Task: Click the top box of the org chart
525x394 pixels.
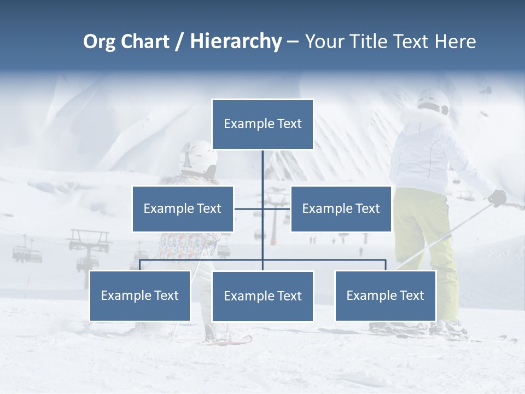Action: [x=262, y=124]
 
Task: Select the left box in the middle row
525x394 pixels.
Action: [x=183, y=208]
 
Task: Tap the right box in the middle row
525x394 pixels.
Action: [x=341, y=208]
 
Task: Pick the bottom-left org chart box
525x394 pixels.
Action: [x=140, y=296]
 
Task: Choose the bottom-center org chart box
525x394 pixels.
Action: [x=262, y=296]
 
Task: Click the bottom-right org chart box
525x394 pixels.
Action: [x=386, y=296]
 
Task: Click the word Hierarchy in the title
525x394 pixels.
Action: [x=235, y=42]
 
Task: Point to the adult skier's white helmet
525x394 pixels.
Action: [x=433, y=101]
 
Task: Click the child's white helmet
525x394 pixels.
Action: [x=198, y=155]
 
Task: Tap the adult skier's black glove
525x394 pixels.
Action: [x=497, y=198]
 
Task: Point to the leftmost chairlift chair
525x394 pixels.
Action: [x=26, y=252]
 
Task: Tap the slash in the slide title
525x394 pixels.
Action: [x=179, y=42]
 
